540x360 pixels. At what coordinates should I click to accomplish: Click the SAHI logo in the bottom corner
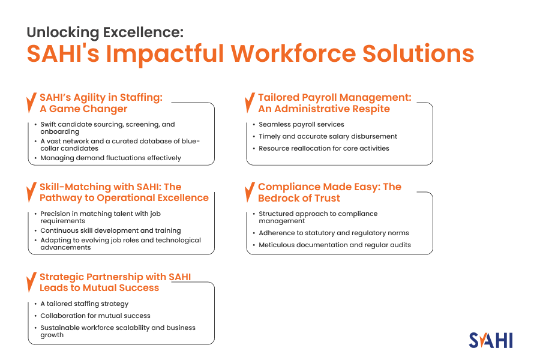pyautogui.click(x=491, y=340)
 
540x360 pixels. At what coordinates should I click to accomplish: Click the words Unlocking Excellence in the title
pyautogui.click(x=105, y=32)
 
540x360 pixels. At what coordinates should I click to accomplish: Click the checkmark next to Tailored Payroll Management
pyautogui.click(x=249, y=103)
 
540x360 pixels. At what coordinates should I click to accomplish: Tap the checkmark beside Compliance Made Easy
pyautogui.click(x=249, y=193)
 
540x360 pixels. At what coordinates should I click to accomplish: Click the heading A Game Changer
pyautogui.click(x=83, y=109)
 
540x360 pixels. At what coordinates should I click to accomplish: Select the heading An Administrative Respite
pyautogui.click(x=324, y=109)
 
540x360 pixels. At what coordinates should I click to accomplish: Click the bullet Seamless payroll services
pyautogui.click(x=301, y=124)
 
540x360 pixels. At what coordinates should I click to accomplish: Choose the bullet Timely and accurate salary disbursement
pyautogui.click(x=328, y=136)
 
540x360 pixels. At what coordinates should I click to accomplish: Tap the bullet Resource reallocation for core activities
pyautogui.click(x=324, y=148)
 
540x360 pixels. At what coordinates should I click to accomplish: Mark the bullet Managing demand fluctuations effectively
pyautogui.click(x=110, y=158)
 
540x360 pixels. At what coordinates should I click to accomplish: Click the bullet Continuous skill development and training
pyautogui.click(x=110, y=230)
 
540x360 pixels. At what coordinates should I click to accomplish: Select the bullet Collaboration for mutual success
pyautogui.click(x=95, y=316)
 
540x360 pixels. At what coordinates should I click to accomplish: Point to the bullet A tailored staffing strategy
pyautogui.click(x=85, y=304)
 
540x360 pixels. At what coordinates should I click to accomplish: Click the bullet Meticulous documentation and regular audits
pyautogui.click(x=335, y=245)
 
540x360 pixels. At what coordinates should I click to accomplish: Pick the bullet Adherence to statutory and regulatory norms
pyautogui.click(x=334, y=233)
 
